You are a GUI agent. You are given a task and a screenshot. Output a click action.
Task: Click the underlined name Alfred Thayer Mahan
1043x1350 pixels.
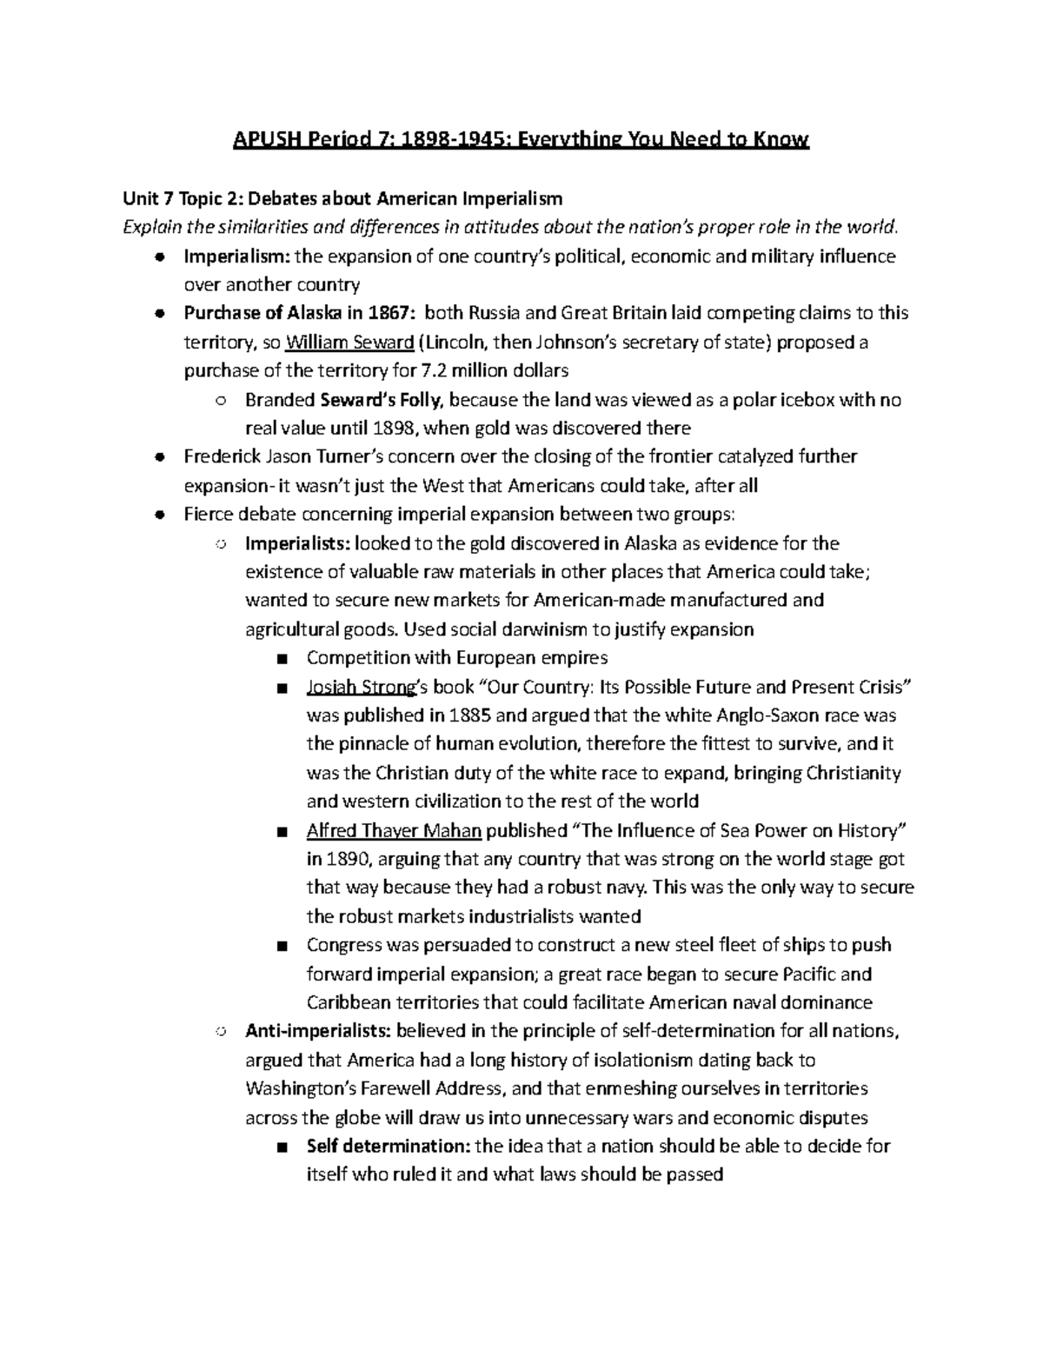point(394,830)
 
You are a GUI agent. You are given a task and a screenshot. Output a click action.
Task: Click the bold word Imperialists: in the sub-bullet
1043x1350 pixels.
point(297,543)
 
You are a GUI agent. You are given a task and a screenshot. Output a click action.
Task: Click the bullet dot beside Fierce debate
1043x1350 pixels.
point(158,515)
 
